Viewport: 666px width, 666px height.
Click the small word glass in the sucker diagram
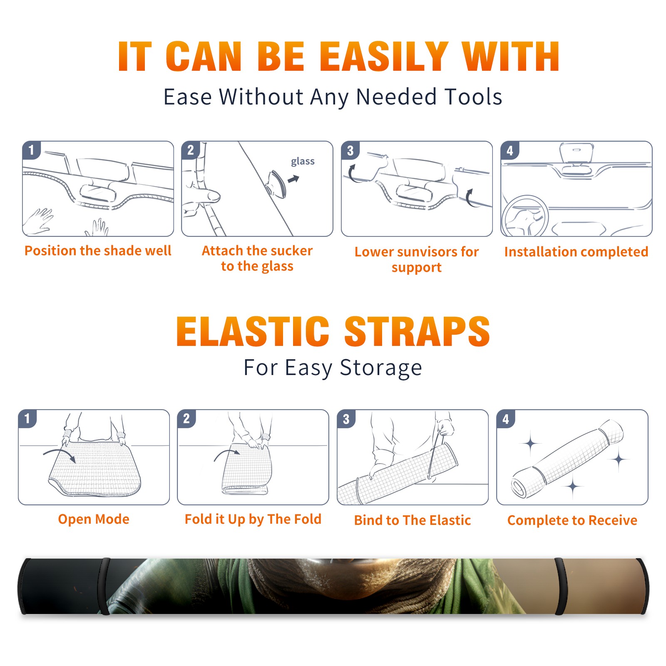(303, 162)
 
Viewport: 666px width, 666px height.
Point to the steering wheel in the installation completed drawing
(525, 216)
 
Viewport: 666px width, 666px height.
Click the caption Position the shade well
(98, 251)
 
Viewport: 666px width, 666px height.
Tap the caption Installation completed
(576, 251)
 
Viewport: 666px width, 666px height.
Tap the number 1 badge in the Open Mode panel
(27, 418)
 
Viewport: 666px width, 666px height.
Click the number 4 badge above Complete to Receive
(506, 419)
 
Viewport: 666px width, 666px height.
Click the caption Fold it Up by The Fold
(253, 519)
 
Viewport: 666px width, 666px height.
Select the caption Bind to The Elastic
(413, 520)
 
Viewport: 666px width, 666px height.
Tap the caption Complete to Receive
(572, 520)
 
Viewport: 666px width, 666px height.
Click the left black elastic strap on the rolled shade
(104, 586)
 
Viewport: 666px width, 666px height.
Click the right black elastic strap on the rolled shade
(560, 586)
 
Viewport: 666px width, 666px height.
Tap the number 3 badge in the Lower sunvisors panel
(350, 150)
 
